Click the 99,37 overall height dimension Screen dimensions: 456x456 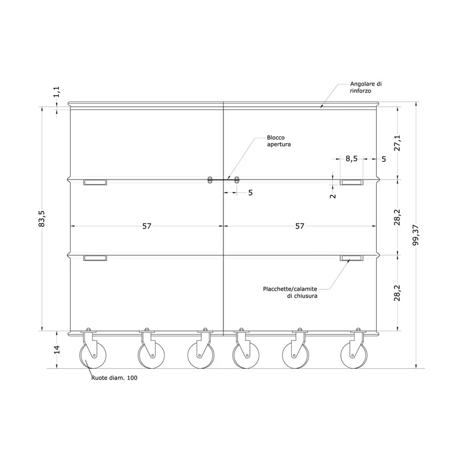coord(416,235)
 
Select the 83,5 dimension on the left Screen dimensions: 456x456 coord(42,219)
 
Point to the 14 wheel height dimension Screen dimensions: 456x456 coord(57,349)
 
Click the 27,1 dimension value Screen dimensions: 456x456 coord(397,143)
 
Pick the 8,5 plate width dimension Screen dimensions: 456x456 coord(351,159)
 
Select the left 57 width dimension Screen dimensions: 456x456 coord(147,226)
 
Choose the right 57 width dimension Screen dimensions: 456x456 coord(300,226)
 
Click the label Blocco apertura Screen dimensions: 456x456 coord(279,141)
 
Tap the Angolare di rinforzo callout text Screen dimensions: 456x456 coord(366,87)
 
